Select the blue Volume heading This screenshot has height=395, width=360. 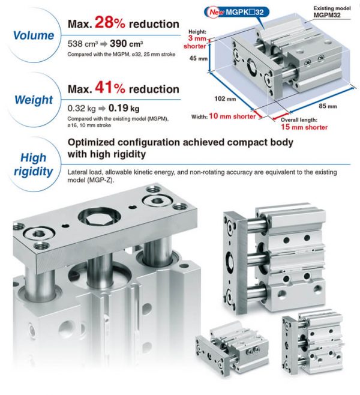click(34, 35)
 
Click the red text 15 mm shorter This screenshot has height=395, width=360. click(305, 127)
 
